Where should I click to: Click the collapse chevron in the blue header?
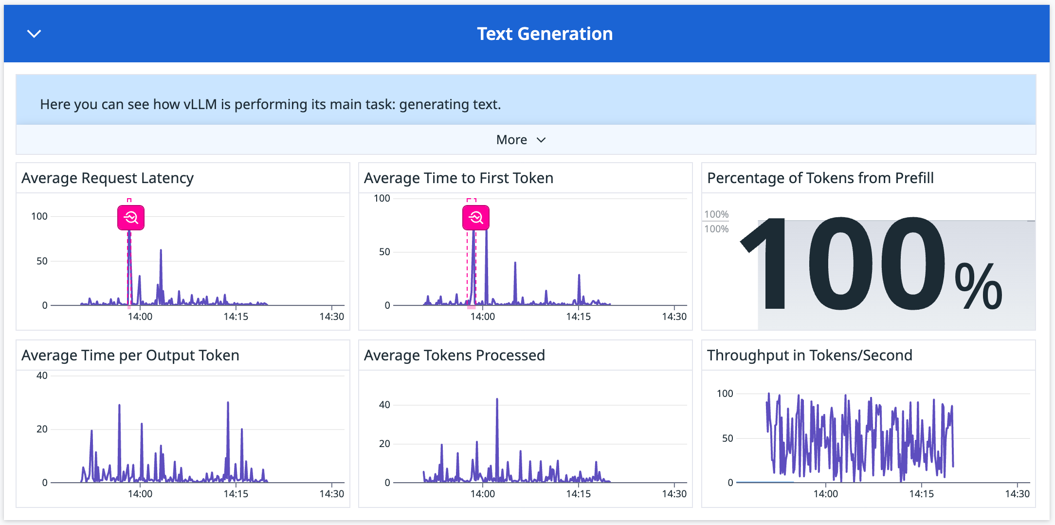[34, 34]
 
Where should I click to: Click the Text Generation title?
[545, 34]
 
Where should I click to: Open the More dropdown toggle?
[521, 140]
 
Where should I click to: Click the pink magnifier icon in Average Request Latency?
[131, 218]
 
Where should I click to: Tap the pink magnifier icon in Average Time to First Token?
[475, 218]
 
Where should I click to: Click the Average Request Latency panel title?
[108, 178]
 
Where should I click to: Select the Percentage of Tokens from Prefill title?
[820, 178]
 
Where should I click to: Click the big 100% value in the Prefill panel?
[871, 265]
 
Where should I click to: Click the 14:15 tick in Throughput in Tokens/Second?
[921, 494]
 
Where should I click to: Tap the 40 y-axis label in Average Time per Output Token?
[42, 375]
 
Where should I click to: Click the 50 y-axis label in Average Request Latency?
[42, 261]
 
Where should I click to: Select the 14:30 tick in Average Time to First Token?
[674, 317]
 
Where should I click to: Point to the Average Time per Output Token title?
[130, 356]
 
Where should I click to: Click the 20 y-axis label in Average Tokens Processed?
[384, 444]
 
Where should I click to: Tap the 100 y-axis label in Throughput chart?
[725, 394]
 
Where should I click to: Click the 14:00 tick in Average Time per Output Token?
[140, 494]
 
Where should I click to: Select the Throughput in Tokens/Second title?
[809, 356]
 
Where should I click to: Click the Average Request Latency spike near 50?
[161, 251]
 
